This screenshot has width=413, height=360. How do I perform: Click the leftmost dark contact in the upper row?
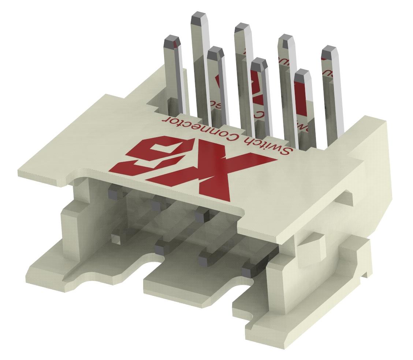pos(114,192)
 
